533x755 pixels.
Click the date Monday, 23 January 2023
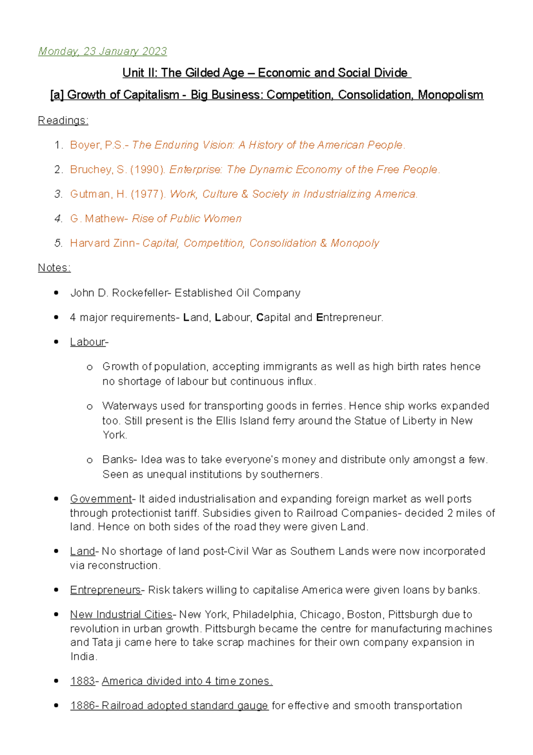103,52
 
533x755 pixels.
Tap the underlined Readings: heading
63,120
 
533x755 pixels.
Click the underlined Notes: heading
54,268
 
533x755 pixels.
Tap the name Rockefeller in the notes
140,293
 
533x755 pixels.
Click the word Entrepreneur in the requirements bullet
349,317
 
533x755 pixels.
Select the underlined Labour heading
88,342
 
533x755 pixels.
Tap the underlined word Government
101,499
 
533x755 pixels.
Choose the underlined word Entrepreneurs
105,590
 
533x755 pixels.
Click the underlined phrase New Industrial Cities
121,614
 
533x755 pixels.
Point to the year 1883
83,681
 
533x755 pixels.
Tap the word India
83,657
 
